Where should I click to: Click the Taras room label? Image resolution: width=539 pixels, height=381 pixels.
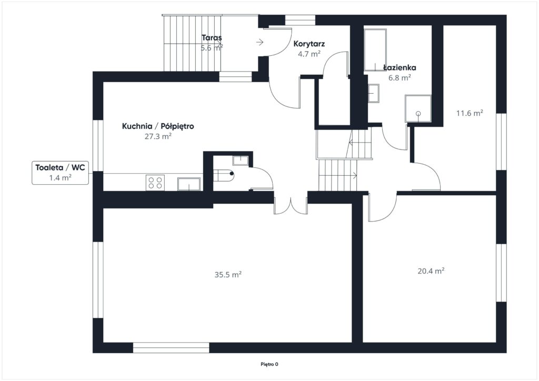[x=212, y=38]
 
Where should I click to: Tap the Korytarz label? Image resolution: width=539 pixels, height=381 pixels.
[x=309, y=44]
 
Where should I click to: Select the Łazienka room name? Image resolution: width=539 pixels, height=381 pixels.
[x=400, y=68]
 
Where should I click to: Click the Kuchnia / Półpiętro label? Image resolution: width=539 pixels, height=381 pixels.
[x=158, y=126]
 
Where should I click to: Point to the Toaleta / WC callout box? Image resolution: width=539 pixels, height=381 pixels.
[x=60, y=173]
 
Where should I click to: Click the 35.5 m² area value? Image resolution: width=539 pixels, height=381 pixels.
[x=228, y=275]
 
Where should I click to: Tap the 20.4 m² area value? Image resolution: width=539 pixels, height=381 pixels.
[x=431, y=270]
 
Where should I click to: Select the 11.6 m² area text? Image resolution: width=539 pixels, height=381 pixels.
[x=470, y=113]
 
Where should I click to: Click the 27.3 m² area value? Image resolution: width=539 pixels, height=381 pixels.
[x=158, y=136]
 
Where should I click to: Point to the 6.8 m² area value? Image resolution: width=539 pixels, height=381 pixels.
[x=400, y=78]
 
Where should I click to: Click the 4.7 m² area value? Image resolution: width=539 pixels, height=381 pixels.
[x=309, y=54]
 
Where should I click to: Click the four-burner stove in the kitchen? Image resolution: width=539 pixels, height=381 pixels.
[x=155, y=183]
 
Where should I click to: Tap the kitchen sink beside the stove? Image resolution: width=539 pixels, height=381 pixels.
[x=189, y=184]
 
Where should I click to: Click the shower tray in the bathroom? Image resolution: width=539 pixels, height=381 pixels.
[x=418, y=108]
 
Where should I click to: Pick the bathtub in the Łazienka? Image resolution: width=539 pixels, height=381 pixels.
[x=375, y=50]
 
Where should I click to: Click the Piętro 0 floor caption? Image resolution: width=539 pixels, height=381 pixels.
[x=269, y=364]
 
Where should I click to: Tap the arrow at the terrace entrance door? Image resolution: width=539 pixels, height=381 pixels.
[x=260, y=42]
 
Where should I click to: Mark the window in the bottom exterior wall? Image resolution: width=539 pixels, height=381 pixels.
[x=171, y=348]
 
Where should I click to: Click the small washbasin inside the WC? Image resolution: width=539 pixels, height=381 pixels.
[x=241, y=160]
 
